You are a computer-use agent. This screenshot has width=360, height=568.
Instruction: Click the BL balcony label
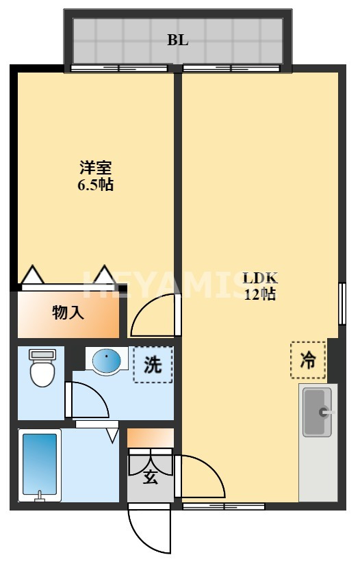pos(178,40)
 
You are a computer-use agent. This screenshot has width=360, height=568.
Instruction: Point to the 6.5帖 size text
pos(96,184)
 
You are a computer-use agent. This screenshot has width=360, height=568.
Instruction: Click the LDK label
pos(260,279)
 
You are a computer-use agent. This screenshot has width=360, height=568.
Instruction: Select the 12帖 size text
pos(260,295)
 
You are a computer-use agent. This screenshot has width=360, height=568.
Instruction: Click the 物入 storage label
pos(68,313)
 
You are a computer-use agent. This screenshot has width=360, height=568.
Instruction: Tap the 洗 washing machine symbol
pos(153,364)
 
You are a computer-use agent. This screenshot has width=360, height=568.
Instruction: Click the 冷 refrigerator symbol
pos(309,360)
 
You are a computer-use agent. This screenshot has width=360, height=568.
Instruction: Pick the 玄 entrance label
pos(151,477)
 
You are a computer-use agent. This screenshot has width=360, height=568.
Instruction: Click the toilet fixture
pos(42,367)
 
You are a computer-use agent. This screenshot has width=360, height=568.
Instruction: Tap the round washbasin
pos(106,360)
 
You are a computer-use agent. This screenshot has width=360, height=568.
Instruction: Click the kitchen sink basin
pos(317,411)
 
